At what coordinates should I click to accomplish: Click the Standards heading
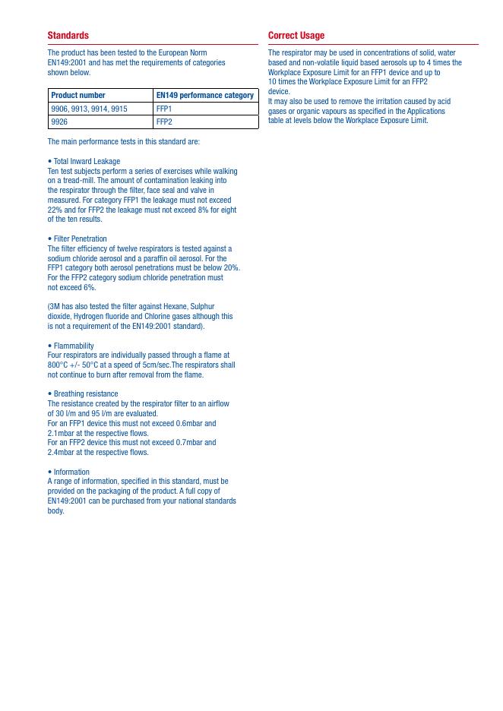68,36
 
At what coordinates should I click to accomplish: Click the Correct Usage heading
296,36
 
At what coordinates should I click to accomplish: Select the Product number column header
78,96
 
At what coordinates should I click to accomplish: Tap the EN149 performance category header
204,96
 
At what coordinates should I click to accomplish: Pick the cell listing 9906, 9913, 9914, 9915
89,109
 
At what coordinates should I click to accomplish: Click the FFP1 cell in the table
164,109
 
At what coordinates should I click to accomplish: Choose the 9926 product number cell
59,122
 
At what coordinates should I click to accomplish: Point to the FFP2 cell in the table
164,122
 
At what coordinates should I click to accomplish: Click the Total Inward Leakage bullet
86,162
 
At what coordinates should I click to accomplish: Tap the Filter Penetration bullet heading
79,239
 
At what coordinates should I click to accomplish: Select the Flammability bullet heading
73,346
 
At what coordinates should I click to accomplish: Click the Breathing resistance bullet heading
85,394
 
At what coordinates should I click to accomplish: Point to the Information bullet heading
71,472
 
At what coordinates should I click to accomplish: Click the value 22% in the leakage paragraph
55,210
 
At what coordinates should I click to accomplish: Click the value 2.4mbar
62,453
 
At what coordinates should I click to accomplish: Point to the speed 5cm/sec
157,365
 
